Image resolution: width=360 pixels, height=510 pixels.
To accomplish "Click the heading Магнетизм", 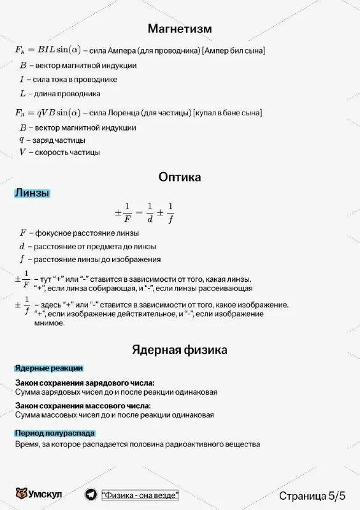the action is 180,29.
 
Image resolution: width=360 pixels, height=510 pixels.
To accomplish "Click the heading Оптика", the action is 180,177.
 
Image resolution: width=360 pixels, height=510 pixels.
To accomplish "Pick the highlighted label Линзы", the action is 32,193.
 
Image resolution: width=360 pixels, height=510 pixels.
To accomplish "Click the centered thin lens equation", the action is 144,213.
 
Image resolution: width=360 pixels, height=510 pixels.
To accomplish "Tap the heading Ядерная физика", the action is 180,350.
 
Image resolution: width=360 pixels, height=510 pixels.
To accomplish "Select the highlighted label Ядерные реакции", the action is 49,368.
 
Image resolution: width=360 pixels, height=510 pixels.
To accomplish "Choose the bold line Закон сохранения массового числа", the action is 83,405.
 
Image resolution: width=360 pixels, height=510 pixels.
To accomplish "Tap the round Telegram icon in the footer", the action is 91,495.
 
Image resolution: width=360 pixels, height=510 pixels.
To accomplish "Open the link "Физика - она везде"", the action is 140,495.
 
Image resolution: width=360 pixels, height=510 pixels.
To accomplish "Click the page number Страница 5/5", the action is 312,495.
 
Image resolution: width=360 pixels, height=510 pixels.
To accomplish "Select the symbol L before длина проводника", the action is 22,94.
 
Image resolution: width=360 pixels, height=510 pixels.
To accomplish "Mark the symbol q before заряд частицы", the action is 22,140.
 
